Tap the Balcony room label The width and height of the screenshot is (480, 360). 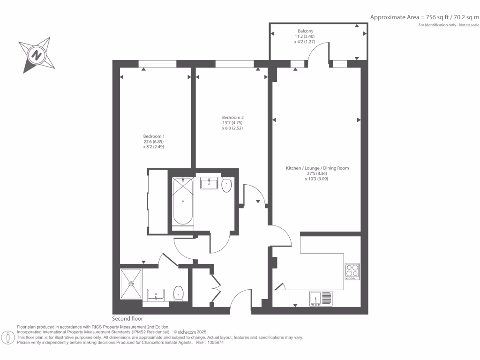coord(305,31)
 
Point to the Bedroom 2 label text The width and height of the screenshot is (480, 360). coord(233,117)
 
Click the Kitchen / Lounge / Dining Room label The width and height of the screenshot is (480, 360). coord(317,168)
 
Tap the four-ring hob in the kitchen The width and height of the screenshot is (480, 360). coord(352,271)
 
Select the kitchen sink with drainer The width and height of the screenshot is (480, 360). coord(320,298)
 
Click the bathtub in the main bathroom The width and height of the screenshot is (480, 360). coord(182,202)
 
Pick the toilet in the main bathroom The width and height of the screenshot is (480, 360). coord(227,185)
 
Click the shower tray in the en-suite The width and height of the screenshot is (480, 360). coord(131,283)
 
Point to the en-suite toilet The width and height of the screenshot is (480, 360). coord(178,293)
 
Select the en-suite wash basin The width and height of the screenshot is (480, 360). coord(155,295)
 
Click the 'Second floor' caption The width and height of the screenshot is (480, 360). coord(127,318)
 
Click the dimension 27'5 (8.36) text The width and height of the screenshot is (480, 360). coord(317,173)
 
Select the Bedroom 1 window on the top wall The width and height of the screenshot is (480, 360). coord(157,63)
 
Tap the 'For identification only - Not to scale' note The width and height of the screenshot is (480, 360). coord(449,25)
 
